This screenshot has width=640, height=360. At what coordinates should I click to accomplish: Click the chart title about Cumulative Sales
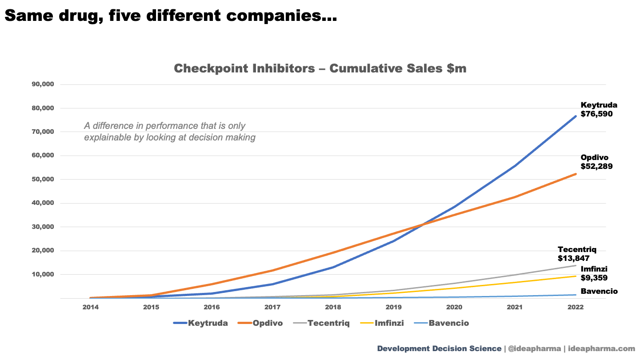click(320, 68)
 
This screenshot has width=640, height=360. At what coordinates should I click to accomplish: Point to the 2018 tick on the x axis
click(333, 307)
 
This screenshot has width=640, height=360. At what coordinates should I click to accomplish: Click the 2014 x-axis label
click(90, 307)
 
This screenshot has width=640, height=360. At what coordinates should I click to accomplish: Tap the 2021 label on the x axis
click(515, 307)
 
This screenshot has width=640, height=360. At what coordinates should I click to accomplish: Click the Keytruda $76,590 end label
click(599, 109)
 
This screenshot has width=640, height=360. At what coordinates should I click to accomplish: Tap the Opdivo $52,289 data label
click(596, 162)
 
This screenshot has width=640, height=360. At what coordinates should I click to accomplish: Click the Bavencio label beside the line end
click(599, 292)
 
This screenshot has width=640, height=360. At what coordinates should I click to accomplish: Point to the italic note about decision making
click(170, 132)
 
